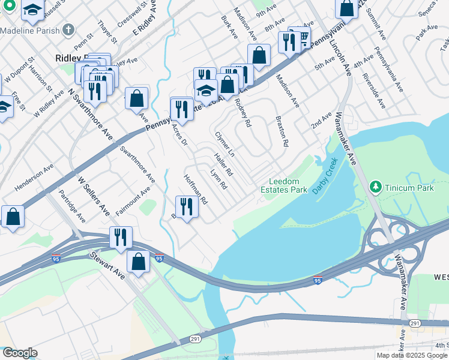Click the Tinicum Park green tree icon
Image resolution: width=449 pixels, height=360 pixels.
pos(376,187)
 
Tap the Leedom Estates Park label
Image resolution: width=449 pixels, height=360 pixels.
pos(288,185)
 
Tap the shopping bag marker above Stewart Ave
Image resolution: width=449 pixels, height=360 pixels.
pos(138,262)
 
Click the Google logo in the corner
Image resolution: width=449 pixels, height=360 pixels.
pos(19,353)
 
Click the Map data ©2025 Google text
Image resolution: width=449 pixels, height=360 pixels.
pos(411,355)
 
